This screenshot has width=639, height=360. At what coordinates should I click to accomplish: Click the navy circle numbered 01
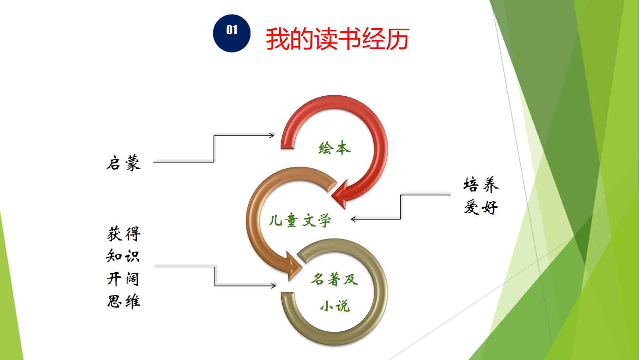(232, 33)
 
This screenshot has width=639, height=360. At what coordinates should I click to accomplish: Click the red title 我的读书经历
(338, 39)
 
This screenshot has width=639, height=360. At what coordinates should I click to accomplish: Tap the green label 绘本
(335, 148)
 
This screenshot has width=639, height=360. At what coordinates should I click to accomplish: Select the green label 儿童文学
(300, 220)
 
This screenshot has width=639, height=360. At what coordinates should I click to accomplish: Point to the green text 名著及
(335, 279)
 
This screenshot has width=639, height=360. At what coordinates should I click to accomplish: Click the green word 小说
(335, 306)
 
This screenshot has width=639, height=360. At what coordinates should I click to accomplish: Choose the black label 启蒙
(124, 163)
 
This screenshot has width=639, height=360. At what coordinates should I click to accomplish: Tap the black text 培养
(481, 185)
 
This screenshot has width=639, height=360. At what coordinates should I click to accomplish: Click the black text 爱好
(481, 207)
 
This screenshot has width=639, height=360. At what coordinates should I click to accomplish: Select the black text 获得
(124, 234)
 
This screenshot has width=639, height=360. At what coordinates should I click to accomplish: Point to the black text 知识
(123, 256)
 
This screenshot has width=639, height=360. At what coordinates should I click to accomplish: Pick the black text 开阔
(123, 279)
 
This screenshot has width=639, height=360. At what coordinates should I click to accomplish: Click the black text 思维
(124, 301)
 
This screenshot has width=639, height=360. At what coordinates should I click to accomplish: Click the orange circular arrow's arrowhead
(294, 266)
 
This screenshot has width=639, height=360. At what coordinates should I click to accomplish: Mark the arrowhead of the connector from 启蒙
(272, 135)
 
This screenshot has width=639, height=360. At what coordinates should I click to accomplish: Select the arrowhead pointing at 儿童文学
(353, 219)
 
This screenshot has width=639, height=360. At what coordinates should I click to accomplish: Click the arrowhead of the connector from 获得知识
(273, 285)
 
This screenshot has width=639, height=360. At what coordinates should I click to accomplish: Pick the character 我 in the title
(278, 39)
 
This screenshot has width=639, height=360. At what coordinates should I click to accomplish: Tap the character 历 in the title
(398, 39)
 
